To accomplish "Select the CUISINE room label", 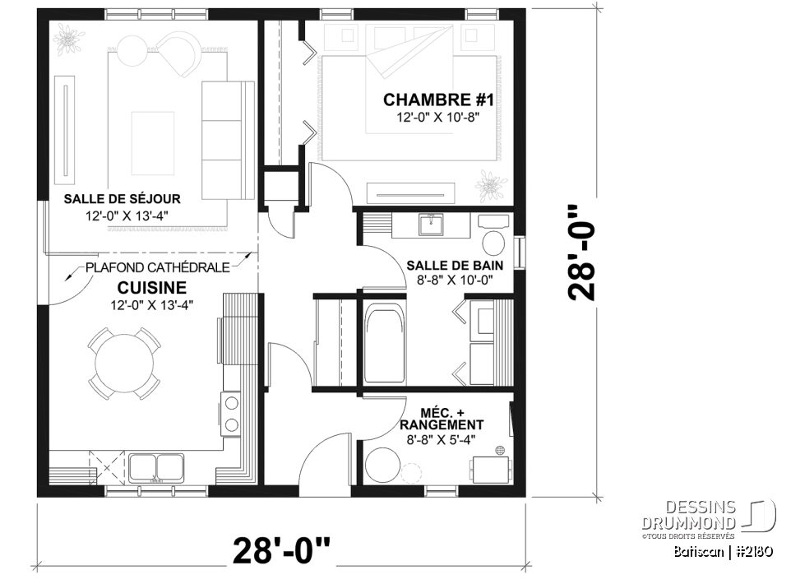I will (151, 288).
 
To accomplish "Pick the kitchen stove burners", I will (232, 414).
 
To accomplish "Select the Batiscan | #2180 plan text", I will (719, 551).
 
